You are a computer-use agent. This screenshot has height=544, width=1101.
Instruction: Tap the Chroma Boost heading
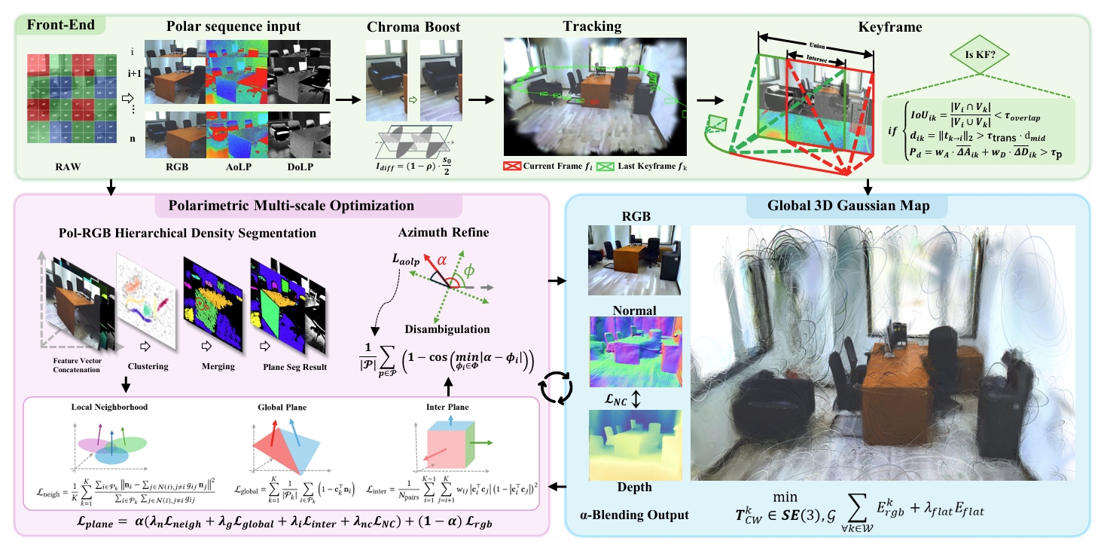(x=413, y=26)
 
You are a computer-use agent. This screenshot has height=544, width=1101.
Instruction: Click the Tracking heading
(x=592, y=26)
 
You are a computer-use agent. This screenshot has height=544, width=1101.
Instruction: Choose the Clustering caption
(x=147, y=367)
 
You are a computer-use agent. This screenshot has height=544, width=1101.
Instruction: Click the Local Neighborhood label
(x=114, y=407)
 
